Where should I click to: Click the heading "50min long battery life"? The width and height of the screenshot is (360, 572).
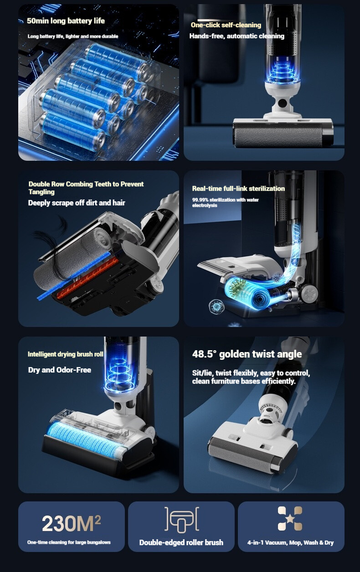click(x=66, y=21)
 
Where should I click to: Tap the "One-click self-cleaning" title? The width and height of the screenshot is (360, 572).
click(x=226, y=25)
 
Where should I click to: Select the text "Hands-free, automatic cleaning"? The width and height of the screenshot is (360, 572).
click(x=237, y=36)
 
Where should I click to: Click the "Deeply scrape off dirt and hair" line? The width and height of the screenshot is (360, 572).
click(x=77, y=203)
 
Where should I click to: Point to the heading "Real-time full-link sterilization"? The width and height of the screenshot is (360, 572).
click(x=238, y=189)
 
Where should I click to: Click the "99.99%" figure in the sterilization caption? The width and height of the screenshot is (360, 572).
click(x=200, y=199)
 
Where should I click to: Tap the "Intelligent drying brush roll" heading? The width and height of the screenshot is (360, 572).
click(x=66, y=354)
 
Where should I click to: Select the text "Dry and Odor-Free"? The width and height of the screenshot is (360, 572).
click(x=60, y=370)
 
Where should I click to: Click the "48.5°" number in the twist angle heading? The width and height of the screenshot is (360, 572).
click(x=204, y=354)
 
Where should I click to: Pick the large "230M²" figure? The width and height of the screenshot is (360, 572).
click(x=71, y=523)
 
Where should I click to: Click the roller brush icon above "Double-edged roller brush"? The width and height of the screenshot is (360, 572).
click(x=182, y=519)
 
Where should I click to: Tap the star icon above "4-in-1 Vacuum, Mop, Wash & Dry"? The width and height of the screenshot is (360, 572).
click(x=290, y=518)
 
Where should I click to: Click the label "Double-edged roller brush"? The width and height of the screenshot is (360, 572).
click(x=181, y=542)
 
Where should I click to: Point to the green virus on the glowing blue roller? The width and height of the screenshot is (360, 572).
click(x=237, y=289)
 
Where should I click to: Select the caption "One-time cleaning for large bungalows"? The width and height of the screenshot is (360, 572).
click(x=69, y=542)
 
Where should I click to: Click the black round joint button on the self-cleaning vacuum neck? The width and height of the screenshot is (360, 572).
click(x=283, y=103)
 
